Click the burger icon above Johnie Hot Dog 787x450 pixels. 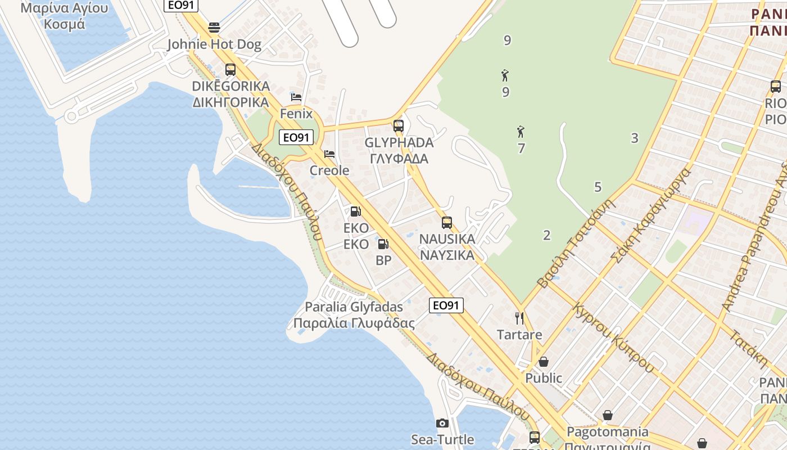(214, 28)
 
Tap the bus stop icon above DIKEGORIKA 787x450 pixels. (230, 70)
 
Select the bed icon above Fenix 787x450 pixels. (296, 97)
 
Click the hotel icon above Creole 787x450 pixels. (329, 154)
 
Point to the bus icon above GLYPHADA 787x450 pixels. (399, 126)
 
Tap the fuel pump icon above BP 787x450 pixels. (383, 244)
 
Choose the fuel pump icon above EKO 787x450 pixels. (356, 212)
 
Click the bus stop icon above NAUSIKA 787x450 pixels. (447, 223)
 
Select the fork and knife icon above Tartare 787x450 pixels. (519, 318)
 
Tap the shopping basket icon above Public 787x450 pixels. (544, 362)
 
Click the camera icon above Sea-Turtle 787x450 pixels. (442, 423)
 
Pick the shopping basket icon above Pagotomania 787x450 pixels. (608, 416)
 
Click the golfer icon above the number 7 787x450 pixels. (521, 132)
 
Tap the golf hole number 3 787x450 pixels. (635, 138)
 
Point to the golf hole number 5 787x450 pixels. (598, 187)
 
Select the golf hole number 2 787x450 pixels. (546, 235)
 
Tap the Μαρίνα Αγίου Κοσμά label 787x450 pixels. (64, 16)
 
